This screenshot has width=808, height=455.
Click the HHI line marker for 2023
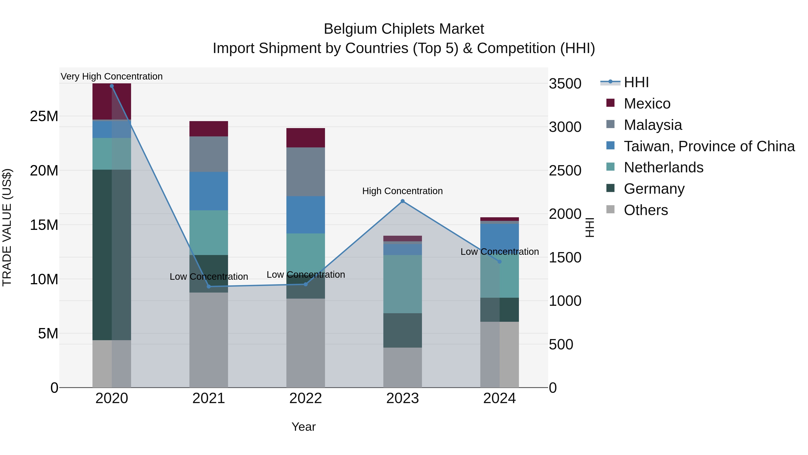402,201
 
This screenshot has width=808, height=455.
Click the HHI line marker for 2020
112,86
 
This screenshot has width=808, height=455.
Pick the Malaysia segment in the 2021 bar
209,154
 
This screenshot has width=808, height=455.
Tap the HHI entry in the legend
636,82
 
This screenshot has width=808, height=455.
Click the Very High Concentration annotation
112,76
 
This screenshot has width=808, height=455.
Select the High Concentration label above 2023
402,191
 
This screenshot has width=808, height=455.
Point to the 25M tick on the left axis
44,116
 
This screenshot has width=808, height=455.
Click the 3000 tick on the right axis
565,127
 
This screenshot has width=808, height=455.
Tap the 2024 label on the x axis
499,398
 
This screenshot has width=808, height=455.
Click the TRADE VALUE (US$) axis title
7,227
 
